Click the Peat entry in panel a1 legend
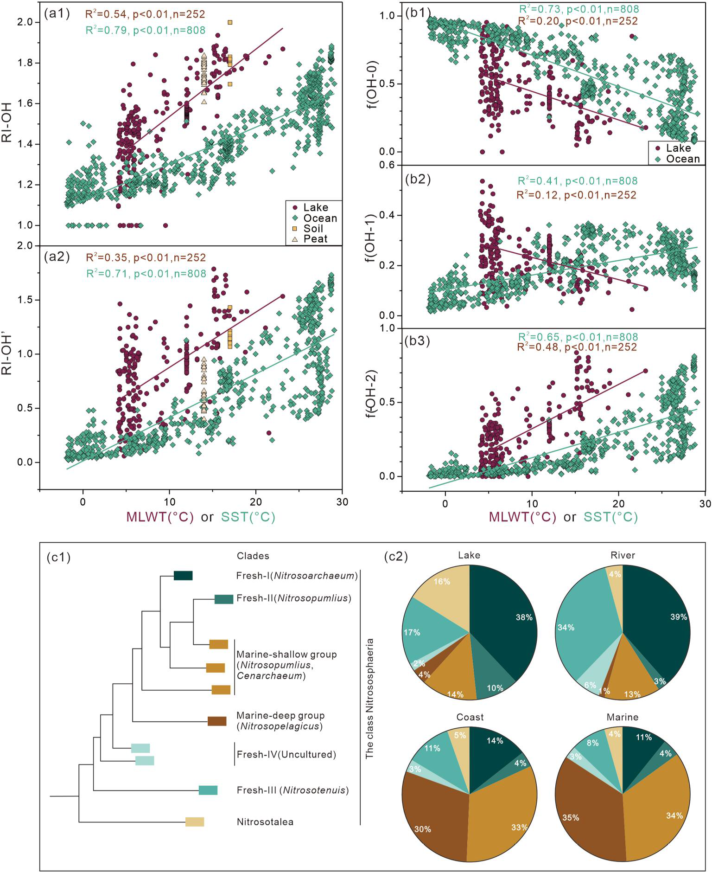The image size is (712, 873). (x=315, y=239)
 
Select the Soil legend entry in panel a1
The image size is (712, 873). (x=313, y=228)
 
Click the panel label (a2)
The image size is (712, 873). (x=57, y=257)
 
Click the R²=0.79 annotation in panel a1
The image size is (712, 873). (x=145, y=30)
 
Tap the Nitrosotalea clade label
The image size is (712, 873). (x=265, y=822)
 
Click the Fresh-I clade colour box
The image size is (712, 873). (x=183, y=576)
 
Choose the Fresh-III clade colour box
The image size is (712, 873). (x=208, y=790)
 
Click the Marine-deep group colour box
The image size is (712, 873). (x=217, y=721)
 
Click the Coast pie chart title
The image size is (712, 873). (x=470, y=717)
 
